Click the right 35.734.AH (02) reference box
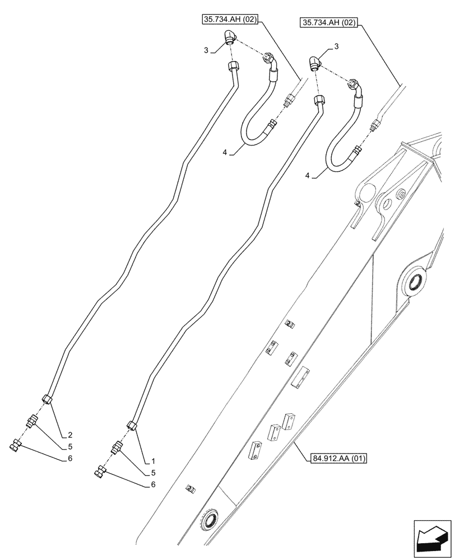point(329,23)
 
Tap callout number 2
point(71,435)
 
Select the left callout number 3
point(206,50)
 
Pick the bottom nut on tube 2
point(48,399)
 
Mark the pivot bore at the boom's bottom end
point(211,520)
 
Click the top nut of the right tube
point(319,101)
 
